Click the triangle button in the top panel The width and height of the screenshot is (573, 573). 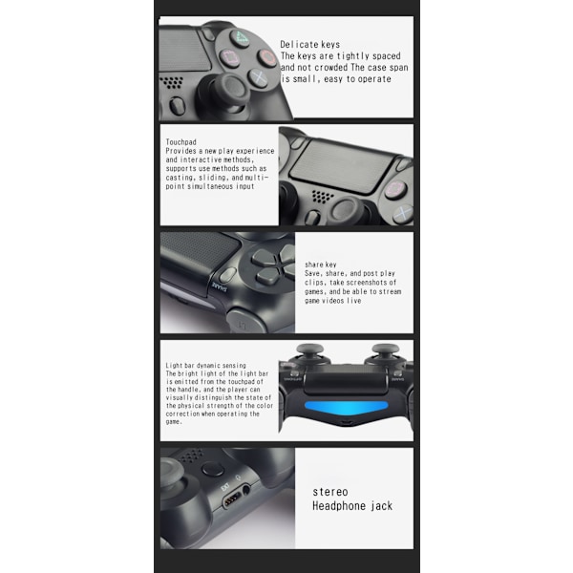(x=240, y=37)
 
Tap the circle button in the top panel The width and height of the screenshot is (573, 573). (x=266, y=57)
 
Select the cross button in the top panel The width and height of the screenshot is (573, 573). (x=258, y=77)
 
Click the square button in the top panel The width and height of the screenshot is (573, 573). (x=230, y=58)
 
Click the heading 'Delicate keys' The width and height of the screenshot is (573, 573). (x=309, y=45)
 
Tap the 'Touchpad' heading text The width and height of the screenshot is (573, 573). (x=180, y=141)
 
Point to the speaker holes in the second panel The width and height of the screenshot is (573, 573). (x=323, y=197)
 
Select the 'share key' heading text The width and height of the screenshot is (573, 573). (x=321, y=265)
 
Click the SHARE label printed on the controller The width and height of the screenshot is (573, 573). (x=220, y=286)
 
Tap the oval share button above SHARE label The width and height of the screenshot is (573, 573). (x=228, y=275)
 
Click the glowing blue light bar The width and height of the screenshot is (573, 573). (x=346, y=407)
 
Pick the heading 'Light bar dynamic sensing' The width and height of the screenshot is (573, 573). (x=205, y=366)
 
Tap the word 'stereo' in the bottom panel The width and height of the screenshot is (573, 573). (x=330, y=492)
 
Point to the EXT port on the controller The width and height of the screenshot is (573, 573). (x=232, y=499)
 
